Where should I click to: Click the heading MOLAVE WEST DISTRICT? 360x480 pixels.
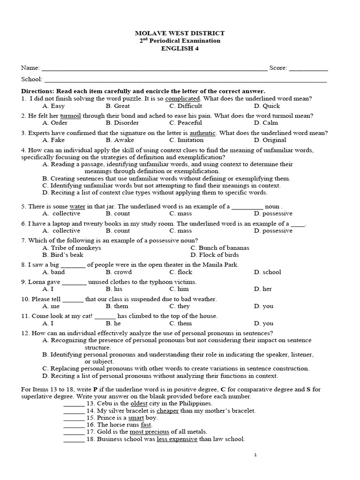point(180,33)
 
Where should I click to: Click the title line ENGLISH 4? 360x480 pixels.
point(180,48)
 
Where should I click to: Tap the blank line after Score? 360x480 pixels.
point(308,68)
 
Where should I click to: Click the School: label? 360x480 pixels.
point(31,79)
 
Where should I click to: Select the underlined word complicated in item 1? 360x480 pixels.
point(183,98)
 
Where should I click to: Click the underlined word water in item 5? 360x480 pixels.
point(77,206)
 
